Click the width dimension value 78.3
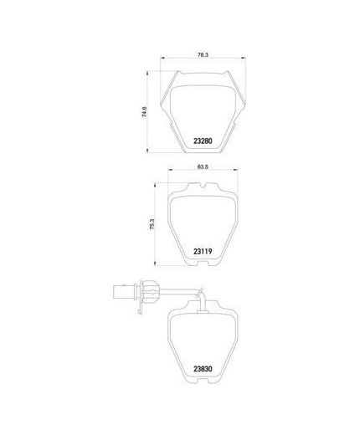(x=203, y=55)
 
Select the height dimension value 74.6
(x=144, y=111)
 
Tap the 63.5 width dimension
(x=203, y=166)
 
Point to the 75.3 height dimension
(x=152, y=224)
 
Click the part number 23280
(x=203, y=141)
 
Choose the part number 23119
(x=203, y=252)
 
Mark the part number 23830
(x=203, y=369)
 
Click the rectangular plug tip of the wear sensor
(x=124, y=292)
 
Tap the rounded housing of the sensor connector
(x=149, y=292)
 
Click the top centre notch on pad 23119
(x=203, y=185)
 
